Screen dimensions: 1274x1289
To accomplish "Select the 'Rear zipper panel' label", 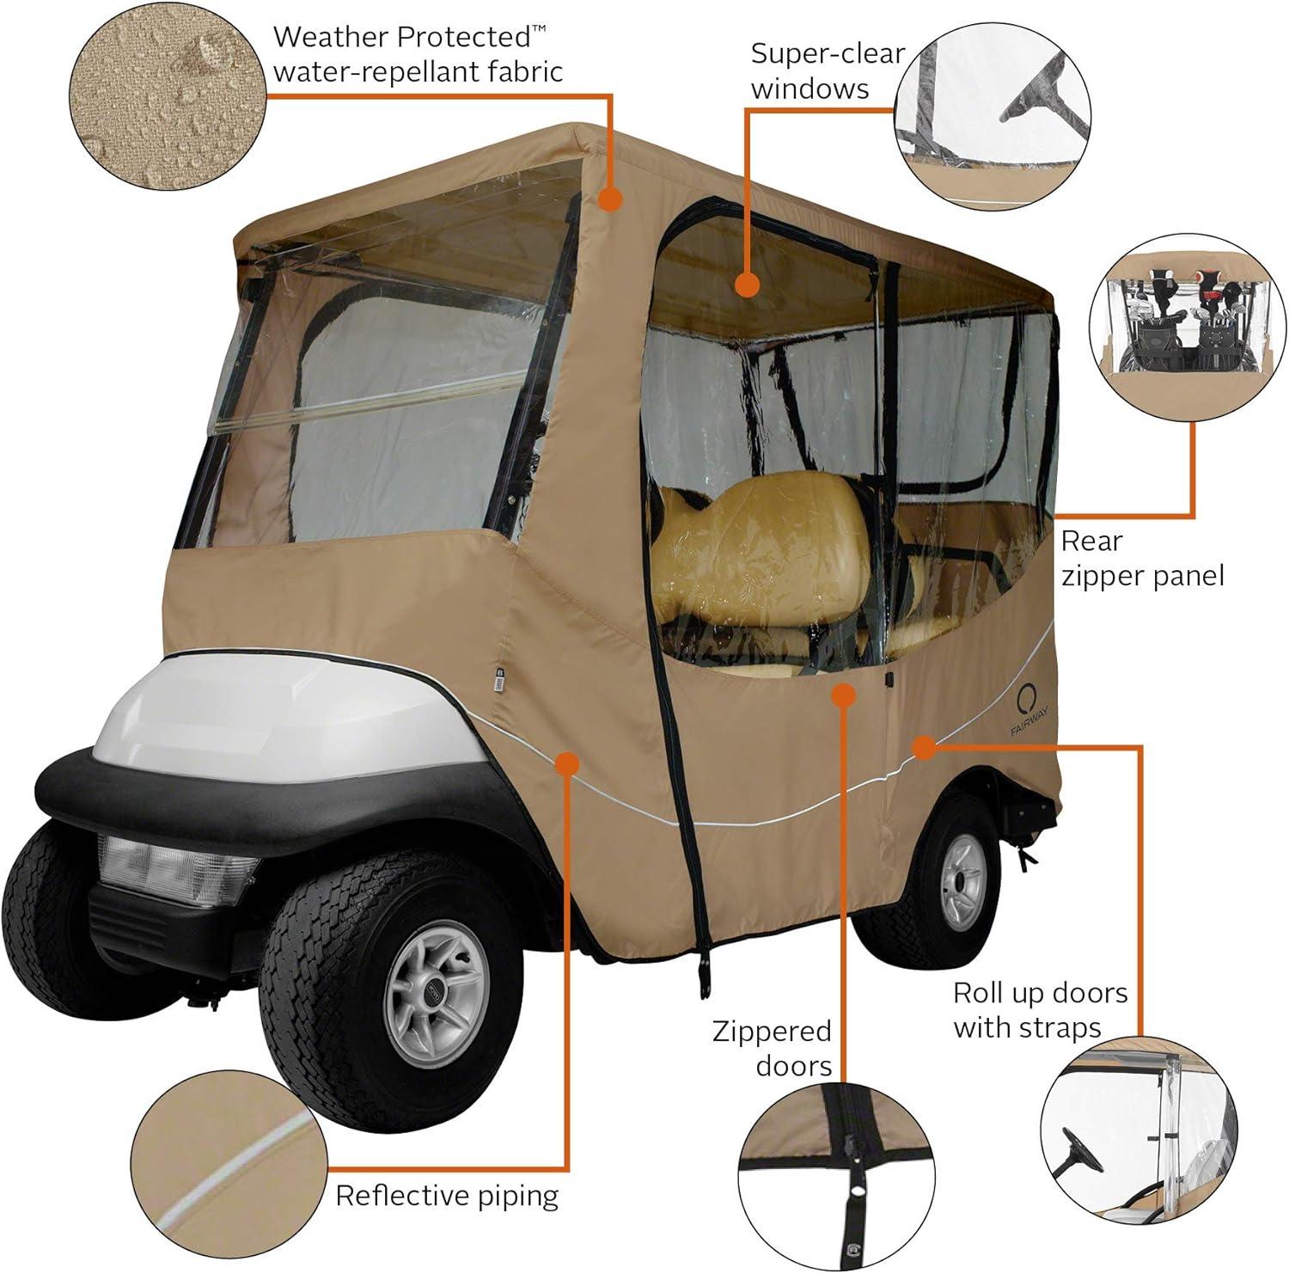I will coord(1141,558).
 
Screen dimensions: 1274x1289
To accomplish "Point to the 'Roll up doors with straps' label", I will coord(1039,1010).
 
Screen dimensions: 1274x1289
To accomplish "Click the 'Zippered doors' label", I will coord(772,1048).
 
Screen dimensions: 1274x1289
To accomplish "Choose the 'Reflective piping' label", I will coord(447,1195).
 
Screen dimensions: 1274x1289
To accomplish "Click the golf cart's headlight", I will coord(177,868).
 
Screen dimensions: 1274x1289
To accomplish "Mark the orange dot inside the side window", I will coord(747,285).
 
